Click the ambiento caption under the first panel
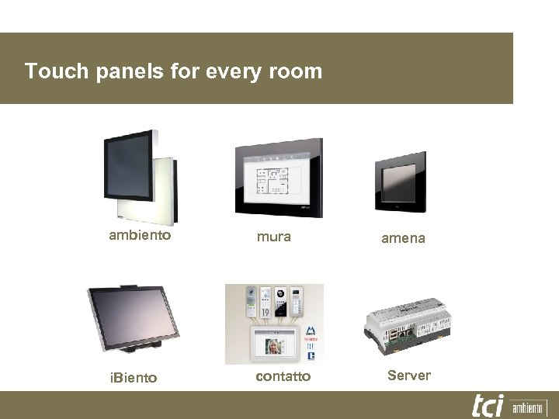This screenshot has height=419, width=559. [140, 235]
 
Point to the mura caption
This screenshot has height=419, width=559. [274, 237]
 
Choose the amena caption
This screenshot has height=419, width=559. [403, 238]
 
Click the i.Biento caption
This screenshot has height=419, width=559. [133, 378]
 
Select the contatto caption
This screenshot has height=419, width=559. [283, 376]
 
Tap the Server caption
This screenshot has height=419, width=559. [408, 376]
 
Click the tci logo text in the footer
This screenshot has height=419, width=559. [488, 405]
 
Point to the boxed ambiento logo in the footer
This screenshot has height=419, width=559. [529, 407]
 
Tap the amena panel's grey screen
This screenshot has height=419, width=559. [400, 180]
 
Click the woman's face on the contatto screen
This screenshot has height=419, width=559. [273, 345]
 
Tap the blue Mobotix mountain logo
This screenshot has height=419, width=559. [310, 331]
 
